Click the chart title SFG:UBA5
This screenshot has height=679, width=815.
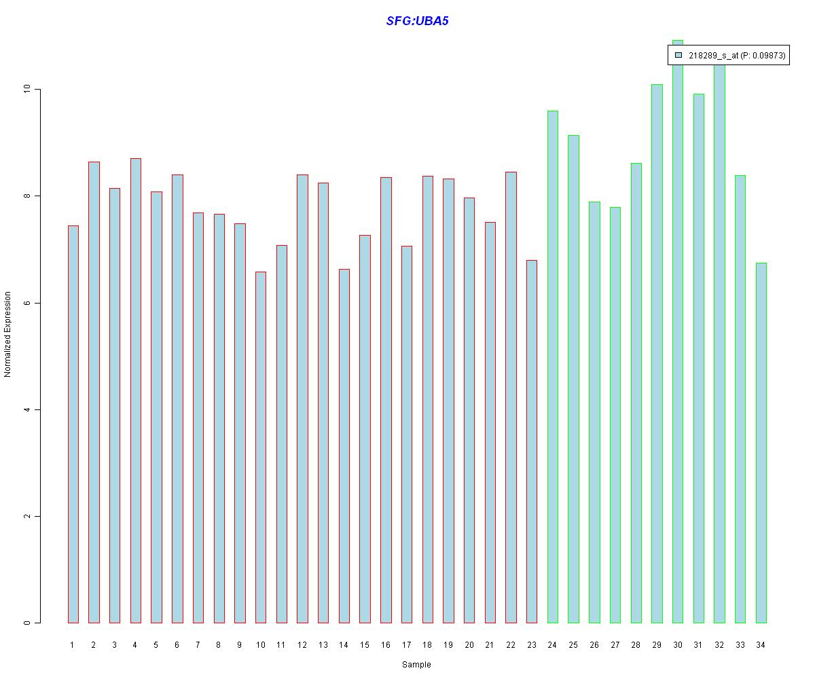[x=417, y=21]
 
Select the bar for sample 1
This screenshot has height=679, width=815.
[x=73, y=424]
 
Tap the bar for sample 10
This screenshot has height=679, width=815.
[x=260, y=447]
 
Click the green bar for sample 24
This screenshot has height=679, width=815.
[x=552, y=367]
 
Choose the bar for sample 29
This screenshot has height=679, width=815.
[x=657, y=353]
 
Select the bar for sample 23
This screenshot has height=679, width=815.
[x=531, y=441]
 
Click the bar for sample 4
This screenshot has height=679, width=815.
[x=135, y=390]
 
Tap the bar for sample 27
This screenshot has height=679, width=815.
[x=615, y=415]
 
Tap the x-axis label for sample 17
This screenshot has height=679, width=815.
[x=406, y=645]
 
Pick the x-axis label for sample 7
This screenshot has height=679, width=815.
[x=198, y=645]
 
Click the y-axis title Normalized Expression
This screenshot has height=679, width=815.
[x=8, y=334]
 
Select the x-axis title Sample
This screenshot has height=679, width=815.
[x=416, y=665]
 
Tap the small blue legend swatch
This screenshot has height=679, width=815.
[x=678, y=56]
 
